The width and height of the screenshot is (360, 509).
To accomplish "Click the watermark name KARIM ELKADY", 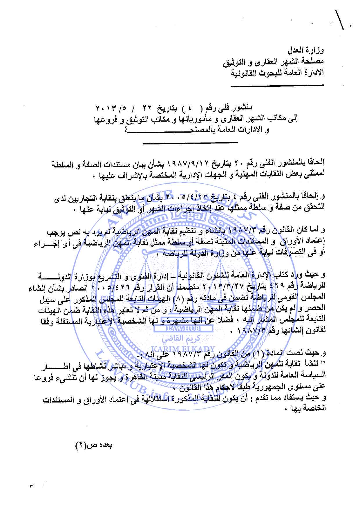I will point(187,349).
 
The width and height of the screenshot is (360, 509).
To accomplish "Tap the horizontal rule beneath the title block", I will point(190,142).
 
